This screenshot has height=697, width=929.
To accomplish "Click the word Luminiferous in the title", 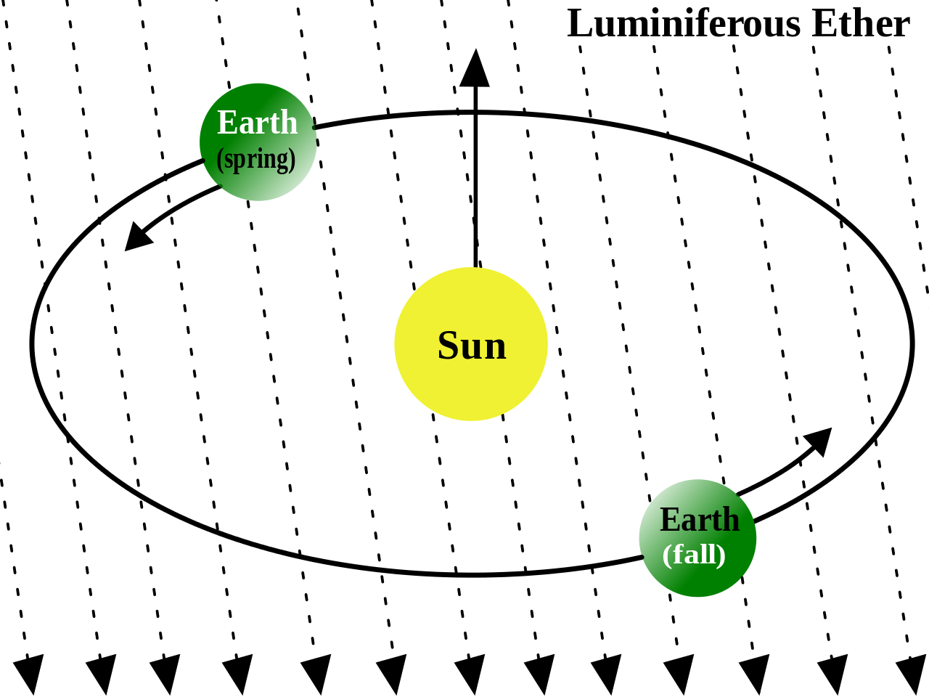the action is tap(684, 23).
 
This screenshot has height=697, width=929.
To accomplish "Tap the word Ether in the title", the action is tap(861, 23).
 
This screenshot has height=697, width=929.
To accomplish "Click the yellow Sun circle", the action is tap(471, 344).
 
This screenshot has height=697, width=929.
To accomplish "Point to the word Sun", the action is tap(472, 346).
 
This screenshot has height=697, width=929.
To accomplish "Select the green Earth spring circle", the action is tap(258, 142).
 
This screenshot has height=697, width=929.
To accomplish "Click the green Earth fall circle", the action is tap(698, 538).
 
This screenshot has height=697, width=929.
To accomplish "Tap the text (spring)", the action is tap(256, 160).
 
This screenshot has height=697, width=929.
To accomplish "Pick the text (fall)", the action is tap(694, 554).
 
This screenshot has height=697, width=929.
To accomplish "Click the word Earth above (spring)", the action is tap(258, 122).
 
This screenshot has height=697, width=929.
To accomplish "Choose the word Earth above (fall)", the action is tap(700, 519).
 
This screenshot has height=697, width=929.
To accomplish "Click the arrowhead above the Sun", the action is tap(475, 68).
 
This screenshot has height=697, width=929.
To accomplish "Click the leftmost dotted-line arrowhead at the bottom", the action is tap(29, 674).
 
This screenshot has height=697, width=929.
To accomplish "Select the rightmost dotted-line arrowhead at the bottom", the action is tap(912, 674).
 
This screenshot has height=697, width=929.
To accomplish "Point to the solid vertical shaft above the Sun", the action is tap(475, 177).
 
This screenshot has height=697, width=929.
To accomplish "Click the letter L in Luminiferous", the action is tap(579, 24).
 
